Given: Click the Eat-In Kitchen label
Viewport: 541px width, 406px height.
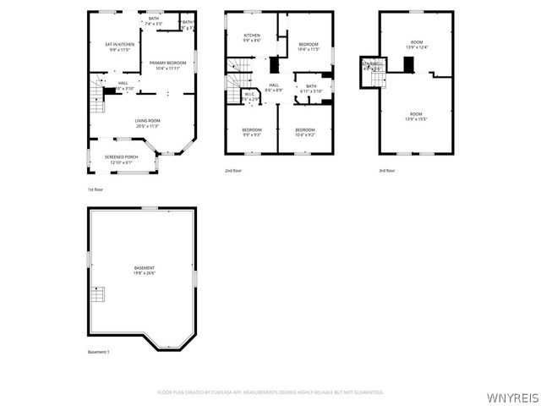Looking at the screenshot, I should pyautogui.click(x=119, y=47).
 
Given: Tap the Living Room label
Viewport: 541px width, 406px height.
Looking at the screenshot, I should pyautogui.click(x=148, y=123).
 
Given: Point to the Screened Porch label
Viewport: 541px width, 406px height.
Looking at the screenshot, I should pyautogui.click(x=121, y=159).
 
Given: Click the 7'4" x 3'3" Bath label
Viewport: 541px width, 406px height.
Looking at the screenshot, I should pyautogui.click(x=153, y=21).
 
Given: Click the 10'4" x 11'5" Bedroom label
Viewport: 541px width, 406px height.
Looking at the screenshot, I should pyautogui.click(x=309, y=47).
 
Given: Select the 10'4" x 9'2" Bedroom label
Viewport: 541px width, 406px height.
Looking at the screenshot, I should pyautogui.click(x=304, y=132).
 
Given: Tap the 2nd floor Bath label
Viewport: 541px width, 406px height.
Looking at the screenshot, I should pyautogui.click(x=311, y=89).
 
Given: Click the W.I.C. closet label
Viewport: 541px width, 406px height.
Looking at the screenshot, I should pyautogui.click(x=250, y=97).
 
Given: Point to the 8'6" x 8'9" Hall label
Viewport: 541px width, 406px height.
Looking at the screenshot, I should pyautogui.click(x=274, y=87).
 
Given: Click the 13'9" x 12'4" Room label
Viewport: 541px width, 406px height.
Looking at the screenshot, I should pyautogui.click(x=416, y=45).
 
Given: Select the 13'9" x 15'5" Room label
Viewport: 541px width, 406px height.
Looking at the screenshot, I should pyautogui.click(x=416, y=116).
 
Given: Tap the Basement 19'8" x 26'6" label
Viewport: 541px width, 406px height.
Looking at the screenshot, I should pyautogui.click(x=144, y=271).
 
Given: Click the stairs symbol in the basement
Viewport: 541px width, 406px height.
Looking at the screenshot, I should pyautogui.click(x=99, y=294).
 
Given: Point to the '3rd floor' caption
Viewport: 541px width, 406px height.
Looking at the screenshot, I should pyautogui.click(x=387, y=172).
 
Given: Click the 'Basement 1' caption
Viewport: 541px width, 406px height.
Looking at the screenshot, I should pyautogui.click(x=99, y=352).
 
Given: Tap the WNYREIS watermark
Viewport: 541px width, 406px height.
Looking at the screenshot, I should pyautogui.click(x=512, y=396).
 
